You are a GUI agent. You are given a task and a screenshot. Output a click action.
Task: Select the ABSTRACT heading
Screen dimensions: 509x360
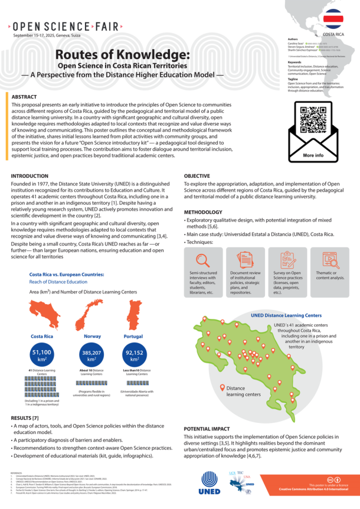(x=25, y=96)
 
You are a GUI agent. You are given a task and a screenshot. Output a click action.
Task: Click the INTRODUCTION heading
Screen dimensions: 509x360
(x=30, y=176)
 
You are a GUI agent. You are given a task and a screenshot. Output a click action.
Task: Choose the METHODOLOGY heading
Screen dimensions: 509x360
(x=204, y=212)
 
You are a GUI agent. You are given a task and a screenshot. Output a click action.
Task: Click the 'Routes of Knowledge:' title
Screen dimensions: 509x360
(x=122, y=55)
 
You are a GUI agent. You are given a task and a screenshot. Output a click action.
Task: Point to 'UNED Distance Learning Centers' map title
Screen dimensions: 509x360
(x=286, y=315)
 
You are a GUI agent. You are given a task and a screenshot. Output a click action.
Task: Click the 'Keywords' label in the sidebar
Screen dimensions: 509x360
(x=286, y=62)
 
